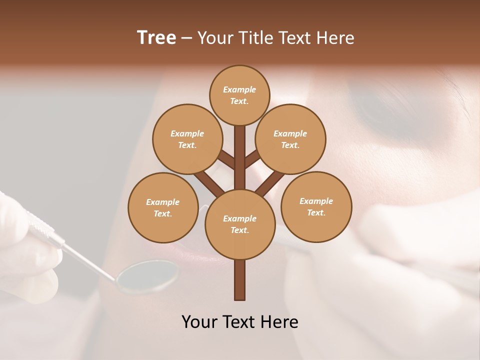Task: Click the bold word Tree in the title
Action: (156, 38)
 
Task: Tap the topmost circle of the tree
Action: (239, 95)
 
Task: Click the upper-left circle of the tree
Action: (187, 139)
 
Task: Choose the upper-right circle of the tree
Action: (290, 139)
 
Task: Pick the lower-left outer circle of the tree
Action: (163, 207)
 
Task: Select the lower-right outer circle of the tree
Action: (316, 206)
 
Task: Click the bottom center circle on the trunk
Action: (240, 224)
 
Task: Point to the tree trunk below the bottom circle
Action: (240, 280)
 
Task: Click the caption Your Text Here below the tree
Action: (240, 322)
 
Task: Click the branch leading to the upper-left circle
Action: (226, 159)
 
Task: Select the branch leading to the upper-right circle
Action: (253, 159)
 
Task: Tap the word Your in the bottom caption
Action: (199, 322)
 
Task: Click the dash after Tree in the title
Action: (186, 38)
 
